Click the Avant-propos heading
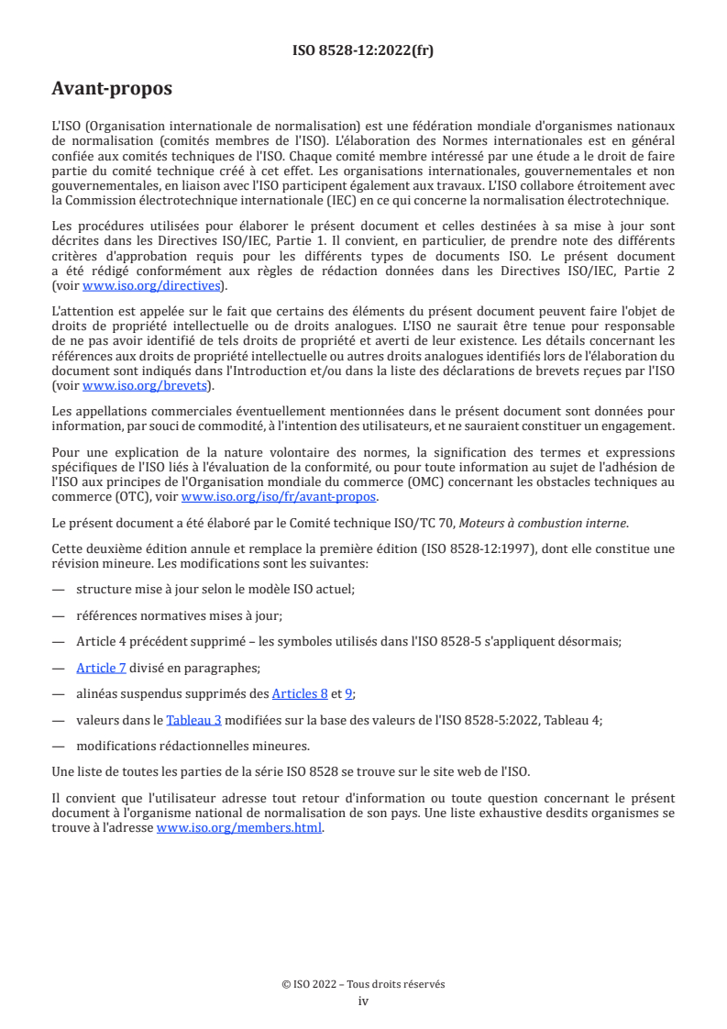point(112,89)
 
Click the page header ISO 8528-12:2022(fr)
point(363,50)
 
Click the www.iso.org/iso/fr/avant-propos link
point(279,497)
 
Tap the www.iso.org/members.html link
point(240,828)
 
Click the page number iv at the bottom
point(363,1001)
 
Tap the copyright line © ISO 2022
point(363,984)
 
